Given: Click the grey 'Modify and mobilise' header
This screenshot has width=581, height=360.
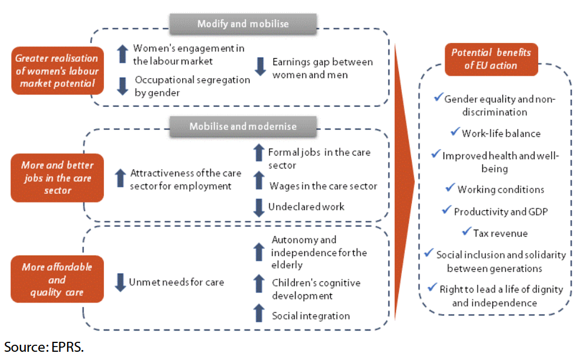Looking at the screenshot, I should click(243, 24).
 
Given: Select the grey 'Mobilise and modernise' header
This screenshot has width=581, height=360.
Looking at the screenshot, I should click(243, 126).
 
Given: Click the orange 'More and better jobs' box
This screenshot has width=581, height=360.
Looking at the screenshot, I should click(57, 174).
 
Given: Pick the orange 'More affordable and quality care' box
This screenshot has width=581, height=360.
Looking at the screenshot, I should click(57, 280).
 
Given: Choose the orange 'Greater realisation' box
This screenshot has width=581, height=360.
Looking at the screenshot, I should click(57, 70).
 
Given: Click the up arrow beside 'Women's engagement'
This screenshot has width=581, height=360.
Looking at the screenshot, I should click(122, 53).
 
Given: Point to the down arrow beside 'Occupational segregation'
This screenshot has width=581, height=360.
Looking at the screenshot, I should click(122, 86).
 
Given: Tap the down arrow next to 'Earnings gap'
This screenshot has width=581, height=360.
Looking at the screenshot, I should click(260, 66).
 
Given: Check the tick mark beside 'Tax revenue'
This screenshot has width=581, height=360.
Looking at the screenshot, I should click(467, 231).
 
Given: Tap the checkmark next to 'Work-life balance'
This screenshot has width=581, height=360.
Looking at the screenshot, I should click(455, 132).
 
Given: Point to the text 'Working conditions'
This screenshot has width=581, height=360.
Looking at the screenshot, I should click(501, 189).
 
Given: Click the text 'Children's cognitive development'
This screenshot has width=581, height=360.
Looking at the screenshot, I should click(315, 289).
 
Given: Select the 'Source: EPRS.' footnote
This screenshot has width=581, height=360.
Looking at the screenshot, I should click(44, 346).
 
